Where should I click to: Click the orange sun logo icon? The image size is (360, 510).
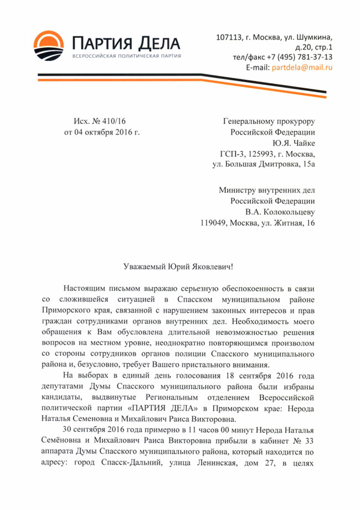point(50,46)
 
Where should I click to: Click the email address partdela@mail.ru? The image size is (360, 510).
point(301,67)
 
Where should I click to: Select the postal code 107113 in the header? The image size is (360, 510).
point(228,37)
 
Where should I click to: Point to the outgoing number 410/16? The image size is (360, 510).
point(115,120)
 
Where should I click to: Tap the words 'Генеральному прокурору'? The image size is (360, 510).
point(269,120)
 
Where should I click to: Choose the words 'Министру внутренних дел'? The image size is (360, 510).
point(267,190)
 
